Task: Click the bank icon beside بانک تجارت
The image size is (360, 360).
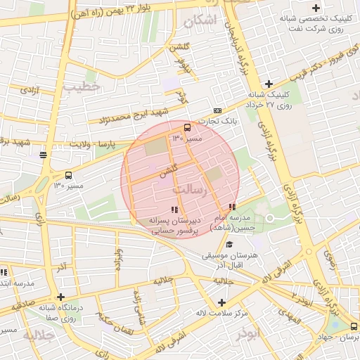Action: coord(217,110)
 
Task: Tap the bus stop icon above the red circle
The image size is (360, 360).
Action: coord(187,127)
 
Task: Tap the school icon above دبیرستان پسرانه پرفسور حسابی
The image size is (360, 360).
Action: coord(174,209)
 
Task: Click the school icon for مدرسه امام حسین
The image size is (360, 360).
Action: coord(232,207)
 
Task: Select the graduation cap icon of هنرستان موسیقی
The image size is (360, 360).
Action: coord(230,244)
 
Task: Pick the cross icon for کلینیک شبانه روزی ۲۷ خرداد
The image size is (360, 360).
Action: coord(269,84)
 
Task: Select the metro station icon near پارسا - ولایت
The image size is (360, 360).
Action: coord(44,155)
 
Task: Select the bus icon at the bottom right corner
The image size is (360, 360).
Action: coord(353,326)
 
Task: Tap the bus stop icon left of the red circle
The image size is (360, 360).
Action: coord(68,175)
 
